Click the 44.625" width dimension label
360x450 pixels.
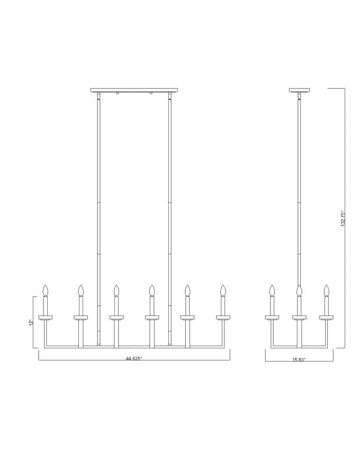134,358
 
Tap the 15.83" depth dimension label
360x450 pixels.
299,359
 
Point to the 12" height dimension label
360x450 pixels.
32,321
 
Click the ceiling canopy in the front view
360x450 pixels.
134,90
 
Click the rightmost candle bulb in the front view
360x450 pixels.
223,290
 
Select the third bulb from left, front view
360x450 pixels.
116,290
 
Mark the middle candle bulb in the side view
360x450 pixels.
299,290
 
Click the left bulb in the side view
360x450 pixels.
272,290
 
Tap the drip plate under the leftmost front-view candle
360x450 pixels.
45,318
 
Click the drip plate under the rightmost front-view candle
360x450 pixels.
223,318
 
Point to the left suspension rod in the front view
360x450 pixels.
98,201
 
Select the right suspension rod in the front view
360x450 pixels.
170,201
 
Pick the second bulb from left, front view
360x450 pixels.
80,290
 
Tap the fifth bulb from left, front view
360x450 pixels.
187,290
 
